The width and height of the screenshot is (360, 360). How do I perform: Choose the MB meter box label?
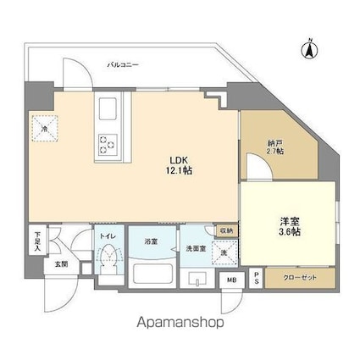(x=231, y=280)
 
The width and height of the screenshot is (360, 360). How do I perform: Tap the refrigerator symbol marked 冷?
(x=47, y=129)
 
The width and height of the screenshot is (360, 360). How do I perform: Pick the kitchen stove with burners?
(x=108, y=144)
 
